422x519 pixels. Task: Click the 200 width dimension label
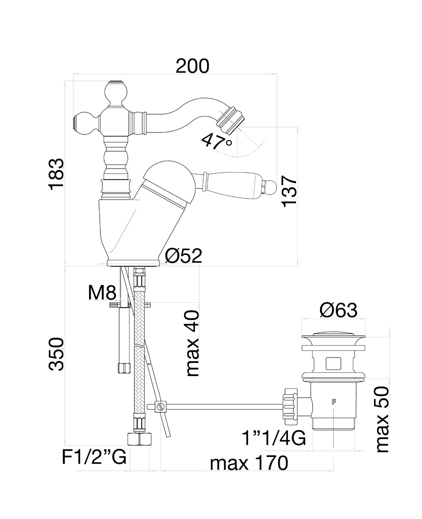click(192, 66)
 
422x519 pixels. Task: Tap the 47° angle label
click(217, 141)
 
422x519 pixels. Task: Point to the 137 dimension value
click(290, 191)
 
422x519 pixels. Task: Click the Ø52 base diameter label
click(183, 256)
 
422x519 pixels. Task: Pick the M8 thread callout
click(102, 293)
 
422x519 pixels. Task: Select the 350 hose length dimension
click(56, 354)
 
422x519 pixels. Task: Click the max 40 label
click(193, 344)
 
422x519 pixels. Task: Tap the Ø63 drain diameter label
click(338, 310)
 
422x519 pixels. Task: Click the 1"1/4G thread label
click(274, 438)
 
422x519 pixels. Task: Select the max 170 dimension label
click(248, 463)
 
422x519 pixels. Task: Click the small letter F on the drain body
click(333, 401)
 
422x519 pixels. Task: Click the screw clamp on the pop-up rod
click(160, 406)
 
